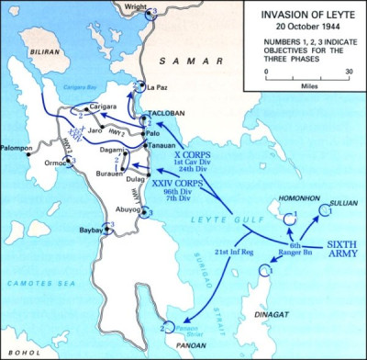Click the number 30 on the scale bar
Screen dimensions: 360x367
click(x=350, y=72)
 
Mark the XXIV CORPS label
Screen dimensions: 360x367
click(x=197, y=186)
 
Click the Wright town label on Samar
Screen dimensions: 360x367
click(x=136, y=6)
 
